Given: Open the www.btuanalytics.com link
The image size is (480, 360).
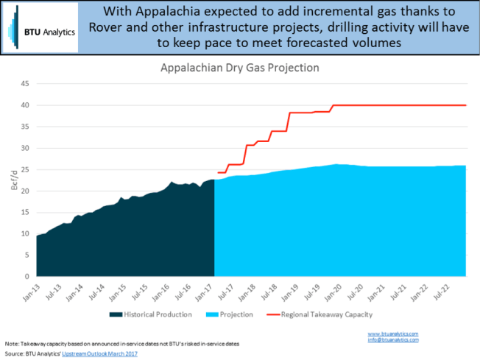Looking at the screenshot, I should point(393,333).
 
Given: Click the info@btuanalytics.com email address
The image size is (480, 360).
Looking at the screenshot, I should point(393,339).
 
